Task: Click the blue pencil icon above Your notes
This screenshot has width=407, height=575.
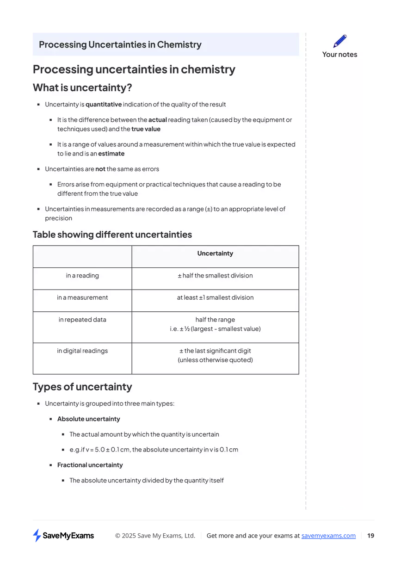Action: coord(339,41)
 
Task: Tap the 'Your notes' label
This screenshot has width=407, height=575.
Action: coord(339,55)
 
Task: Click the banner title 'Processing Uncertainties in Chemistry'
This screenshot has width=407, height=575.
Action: coord(120,45)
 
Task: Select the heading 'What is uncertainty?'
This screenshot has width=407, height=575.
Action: coord(82,87)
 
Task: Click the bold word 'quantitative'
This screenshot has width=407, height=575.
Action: coord(104,105)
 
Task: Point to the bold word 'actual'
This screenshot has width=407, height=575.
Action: coord(157,120)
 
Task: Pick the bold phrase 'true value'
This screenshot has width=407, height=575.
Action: coord(146,129)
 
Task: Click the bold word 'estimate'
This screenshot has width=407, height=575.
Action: coord(111,154)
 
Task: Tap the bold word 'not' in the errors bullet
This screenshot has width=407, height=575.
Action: coord(100,169)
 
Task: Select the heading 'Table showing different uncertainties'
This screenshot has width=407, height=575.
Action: coord(112,235)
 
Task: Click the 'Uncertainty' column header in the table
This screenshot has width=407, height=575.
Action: coord(215,253)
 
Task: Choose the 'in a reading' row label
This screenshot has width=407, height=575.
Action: coord(82,276)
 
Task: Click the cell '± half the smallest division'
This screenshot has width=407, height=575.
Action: coord(215,276)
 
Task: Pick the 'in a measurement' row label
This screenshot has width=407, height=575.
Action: coord(82,297)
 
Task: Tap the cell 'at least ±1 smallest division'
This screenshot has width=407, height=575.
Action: coord(215,297)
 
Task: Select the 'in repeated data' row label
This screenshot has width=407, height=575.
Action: coord(82,320)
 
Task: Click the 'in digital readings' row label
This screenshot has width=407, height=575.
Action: coord(82,351)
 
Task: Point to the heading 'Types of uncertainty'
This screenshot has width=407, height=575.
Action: coord(82,387)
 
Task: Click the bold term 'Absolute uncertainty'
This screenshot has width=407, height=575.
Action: coord(88,419)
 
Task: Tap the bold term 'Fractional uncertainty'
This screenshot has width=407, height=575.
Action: coord(90,465)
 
